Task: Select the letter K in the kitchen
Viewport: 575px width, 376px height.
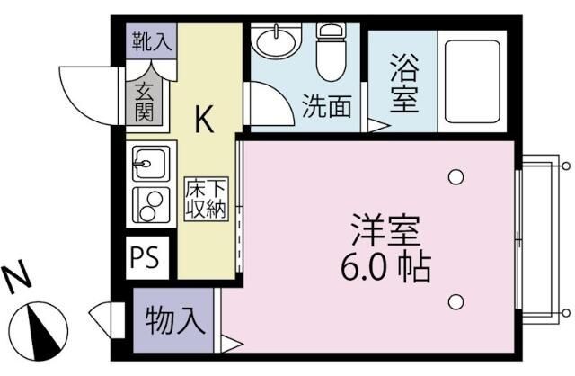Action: (206, 120)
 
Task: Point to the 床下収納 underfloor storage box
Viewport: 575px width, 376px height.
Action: (207, 199)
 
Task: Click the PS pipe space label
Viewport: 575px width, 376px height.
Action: (144, 257)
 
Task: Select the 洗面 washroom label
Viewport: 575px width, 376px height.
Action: (325, 107)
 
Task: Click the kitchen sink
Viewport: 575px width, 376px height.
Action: (146, 166)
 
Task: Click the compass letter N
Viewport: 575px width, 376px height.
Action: (17, 281)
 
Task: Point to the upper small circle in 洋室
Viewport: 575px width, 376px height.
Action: (456, 176)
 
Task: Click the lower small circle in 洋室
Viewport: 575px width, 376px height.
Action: (456, 301)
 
